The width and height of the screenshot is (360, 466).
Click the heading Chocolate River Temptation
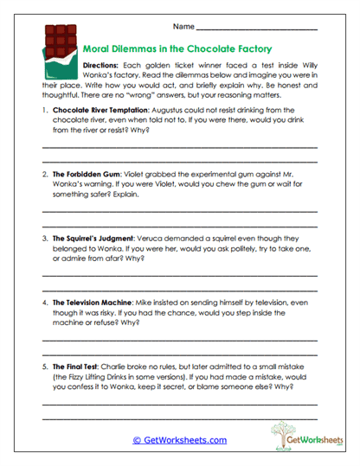click(101, 112)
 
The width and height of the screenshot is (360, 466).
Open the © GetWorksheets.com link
click(179, 440)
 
